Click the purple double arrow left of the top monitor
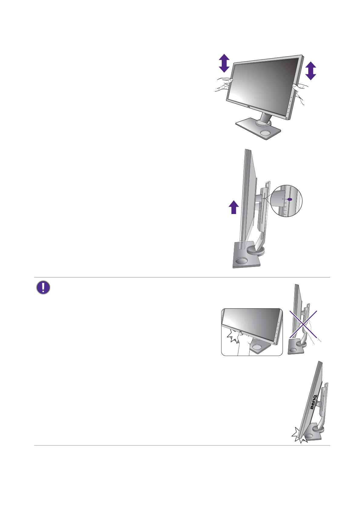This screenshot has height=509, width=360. pos(224,63)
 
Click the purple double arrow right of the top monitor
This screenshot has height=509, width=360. pos(310,71)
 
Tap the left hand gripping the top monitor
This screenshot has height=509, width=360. pos(223,85)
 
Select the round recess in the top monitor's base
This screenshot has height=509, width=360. pos(265,133)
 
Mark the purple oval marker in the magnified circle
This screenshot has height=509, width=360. pos(290,199)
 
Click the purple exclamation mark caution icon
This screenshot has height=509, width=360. pos(43,288)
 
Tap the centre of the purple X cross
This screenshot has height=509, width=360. pos(303,324)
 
